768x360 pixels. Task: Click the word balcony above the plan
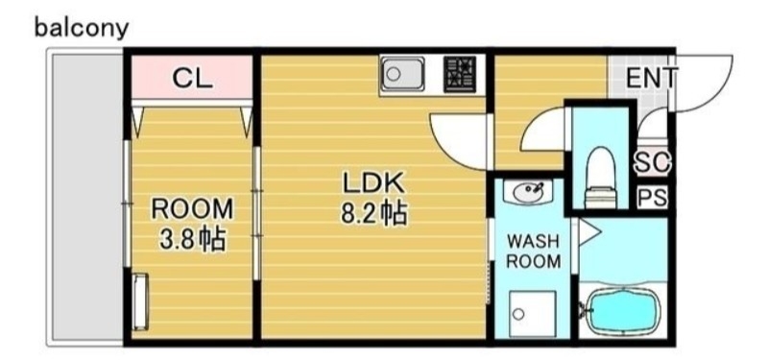coord(81,28)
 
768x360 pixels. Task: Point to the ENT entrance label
coord(652,78)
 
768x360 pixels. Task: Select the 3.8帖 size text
coord(193,238)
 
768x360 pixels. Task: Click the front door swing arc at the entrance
coord(706,82)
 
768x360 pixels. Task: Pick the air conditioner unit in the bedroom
coord(140,301)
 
